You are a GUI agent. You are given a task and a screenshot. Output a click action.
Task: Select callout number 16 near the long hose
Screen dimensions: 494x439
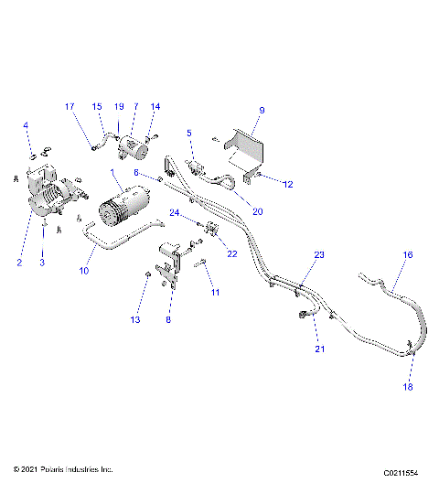pos(408,256)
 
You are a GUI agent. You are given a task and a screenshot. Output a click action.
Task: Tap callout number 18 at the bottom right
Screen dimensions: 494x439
pos(408,387)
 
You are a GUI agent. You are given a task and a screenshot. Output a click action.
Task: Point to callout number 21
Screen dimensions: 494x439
pos(320,349)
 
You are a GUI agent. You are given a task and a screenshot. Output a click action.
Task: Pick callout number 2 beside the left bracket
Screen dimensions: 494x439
pos(18,263)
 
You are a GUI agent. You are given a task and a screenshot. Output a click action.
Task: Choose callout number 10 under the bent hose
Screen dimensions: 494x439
pos(84,272)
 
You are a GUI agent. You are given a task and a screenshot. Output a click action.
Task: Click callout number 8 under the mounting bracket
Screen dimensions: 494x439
pos(167,321)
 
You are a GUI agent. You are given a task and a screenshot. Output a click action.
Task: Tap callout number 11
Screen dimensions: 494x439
pos(216,292)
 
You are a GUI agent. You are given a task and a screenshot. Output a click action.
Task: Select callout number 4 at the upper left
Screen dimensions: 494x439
pos(26,125)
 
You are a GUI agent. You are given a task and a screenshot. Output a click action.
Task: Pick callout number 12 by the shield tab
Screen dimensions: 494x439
pos(287,184)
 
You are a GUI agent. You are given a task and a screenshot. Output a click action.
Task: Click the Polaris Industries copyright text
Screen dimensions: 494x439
pos(63,469)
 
